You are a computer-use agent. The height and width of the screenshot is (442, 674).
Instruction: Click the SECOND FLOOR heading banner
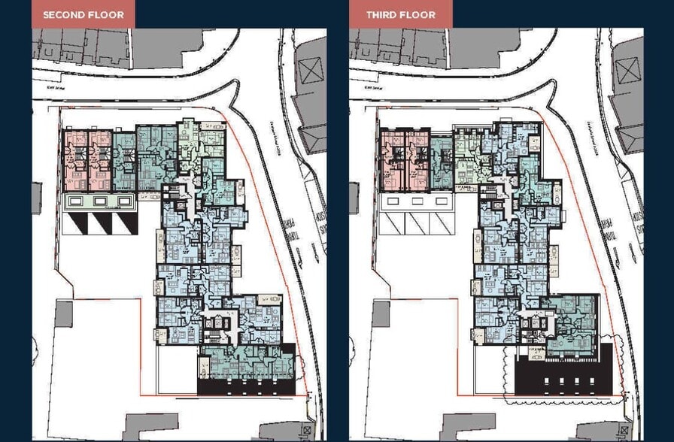point(77,14)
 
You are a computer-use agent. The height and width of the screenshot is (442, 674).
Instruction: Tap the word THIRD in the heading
point(382,14)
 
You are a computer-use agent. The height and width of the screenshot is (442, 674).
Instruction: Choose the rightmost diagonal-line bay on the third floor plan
point(440,223)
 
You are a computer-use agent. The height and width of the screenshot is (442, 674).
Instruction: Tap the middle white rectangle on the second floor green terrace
point(100,201)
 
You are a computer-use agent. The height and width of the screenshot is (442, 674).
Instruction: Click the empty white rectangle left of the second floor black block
point(178,370)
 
